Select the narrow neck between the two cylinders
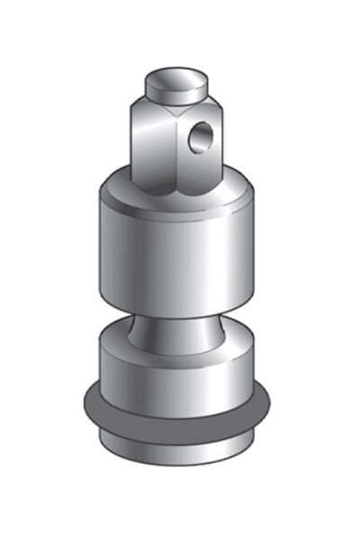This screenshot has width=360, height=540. click(x=175, y=328)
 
